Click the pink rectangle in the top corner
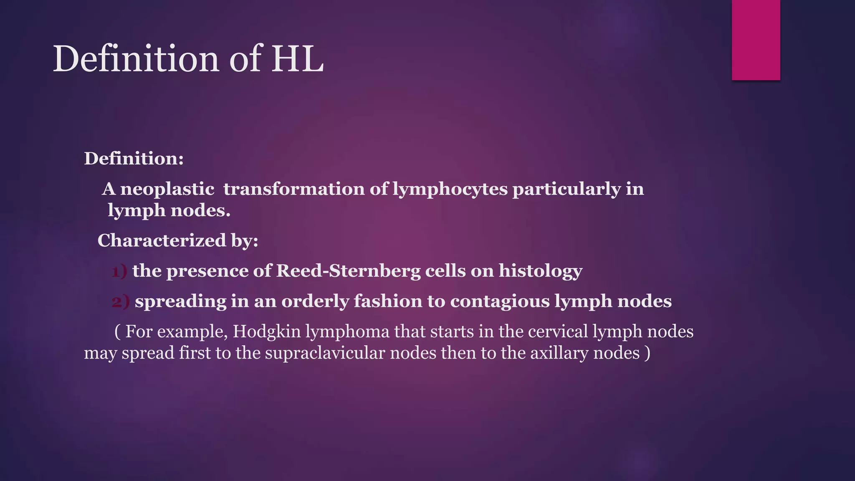[x=756, y=40]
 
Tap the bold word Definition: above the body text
[x=134, y=159]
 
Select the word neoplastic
[x=167, y=189]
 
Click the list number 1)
[x=119, y=271]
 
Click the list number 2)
[x=121, y=301]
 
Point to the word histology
[x=541, y=271]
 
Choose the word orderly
[x=315, y=301]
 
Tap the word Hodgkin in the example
[x=267, y=332]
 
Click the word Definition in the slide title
[x=136, y=59]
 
